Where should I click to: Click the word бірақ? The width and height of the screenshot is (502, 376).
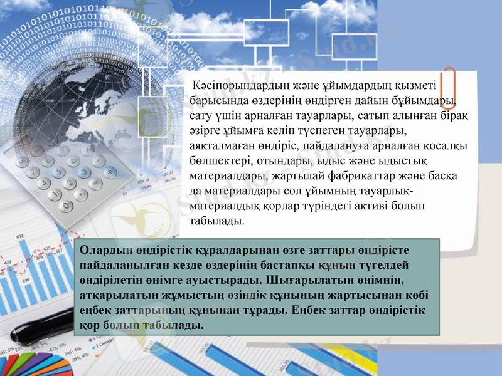[459, 116]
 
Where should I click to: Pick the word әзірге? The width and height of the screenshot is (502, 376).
[206, 131]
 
